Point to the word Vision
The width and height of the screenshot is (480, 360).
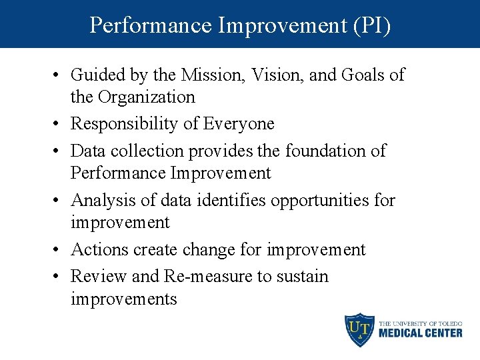277,75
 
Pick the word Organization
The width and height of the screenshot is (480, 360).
146,97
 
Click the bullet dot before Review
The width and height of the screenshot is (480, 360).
58,277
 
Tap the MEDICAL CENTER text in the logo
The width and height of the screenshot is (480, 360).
420,333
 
